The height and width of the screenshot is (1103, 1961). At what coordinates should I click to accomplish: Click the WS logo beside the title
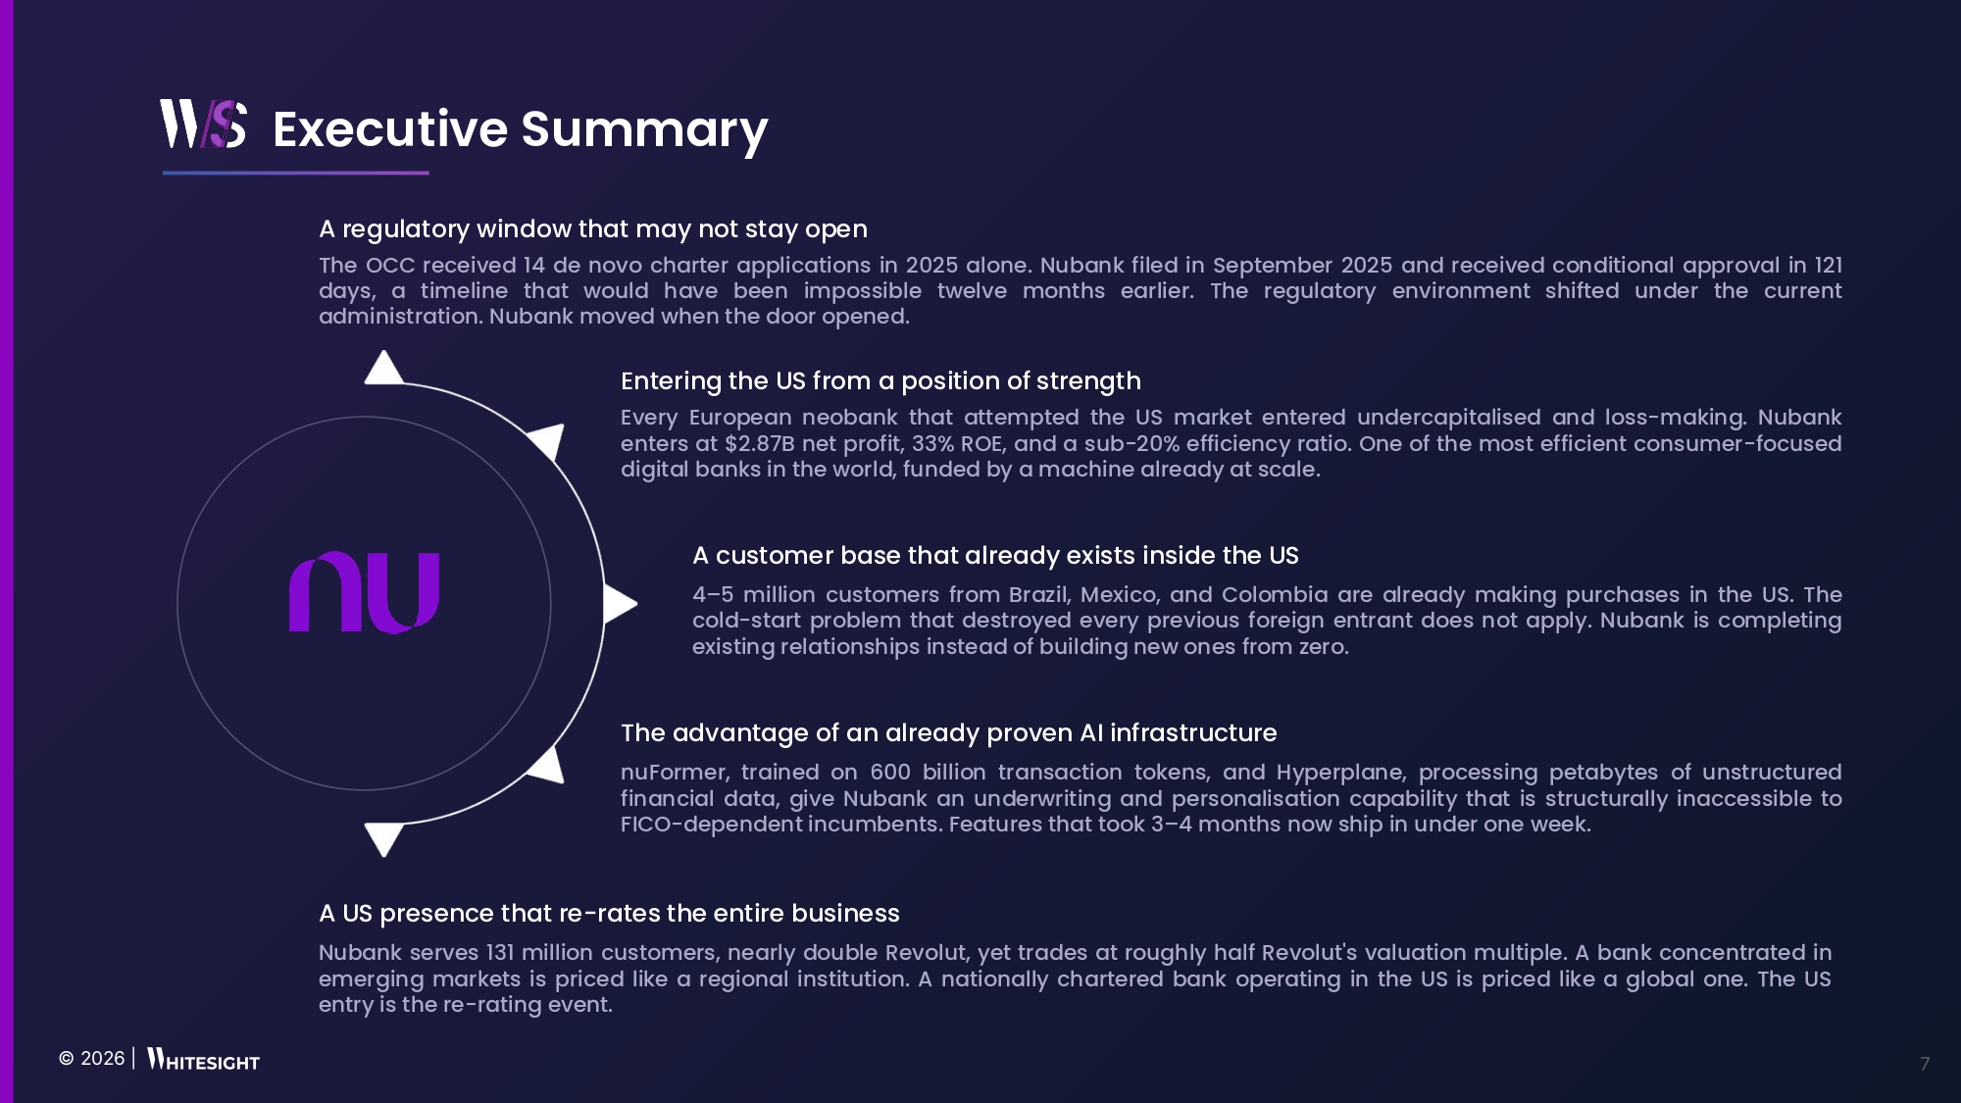pyautogui.click(x=203, y=124)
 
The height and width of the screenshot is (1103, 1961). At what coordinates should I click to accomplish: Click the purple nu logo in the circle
pyautogui.click(x=364, y=592)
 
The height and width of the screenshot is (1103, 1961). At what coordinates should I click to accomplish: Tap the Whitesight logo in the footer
pyautogui.click(x=203, y=1060)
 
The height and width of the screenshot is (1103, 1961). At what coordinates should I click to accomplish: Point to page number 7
pyautogui.click(x=1925, y=1064)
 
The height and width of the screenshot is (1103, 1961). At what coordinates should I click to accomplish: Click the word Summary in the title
pyautogui.click(x=644, y=130)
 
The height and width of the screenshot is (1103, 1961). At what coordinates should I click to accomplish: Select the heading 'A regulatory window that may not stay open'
pyautogui.click(x=593, y=229)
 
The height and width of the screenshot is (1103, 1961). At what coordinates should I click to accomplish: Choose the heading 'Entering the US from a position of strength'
pyautogui.click(x=880, y=381)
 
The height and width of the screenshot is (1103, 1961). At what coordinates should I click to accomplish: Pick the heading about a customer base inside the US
pyautogui.click(x=995, y=556)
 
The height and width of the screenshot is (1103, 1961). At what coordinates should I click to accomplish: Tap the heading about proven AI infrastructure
pyautogui.click(x=948, y=733)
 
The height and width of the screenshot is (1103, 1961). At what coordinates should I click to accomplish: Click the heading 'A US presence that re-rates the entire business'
pyautogui.click(x=609, y=914)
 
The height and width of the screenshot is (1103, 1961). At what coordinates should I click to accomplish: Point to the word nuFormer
pyautogui.click(x=674, y=773)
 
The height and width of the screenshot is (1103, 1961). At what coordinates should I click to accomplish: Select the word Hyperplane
pyautogui.click(x=1339, y=774)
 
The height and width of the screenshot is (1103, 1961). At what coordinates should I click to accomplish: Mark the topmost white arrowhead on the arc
pyautogui.click(x=383, y=369)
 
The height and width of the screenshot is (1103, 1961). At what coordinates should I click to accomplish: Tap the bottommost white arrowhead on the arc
pyautogui.click(x=383, y=838)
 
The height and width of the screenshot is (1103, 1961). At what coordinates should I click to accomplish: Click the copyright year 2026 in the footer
pyautogui.click(x=102, y=1059)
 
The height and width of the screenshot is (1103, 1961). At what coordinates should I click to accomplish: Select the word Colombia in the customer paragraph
pyautogui.click(x=1275, y=595)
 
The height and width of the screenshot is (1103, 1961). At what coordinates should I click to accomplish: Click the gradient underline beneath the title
pyautogui.click(x=296, y=173)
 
